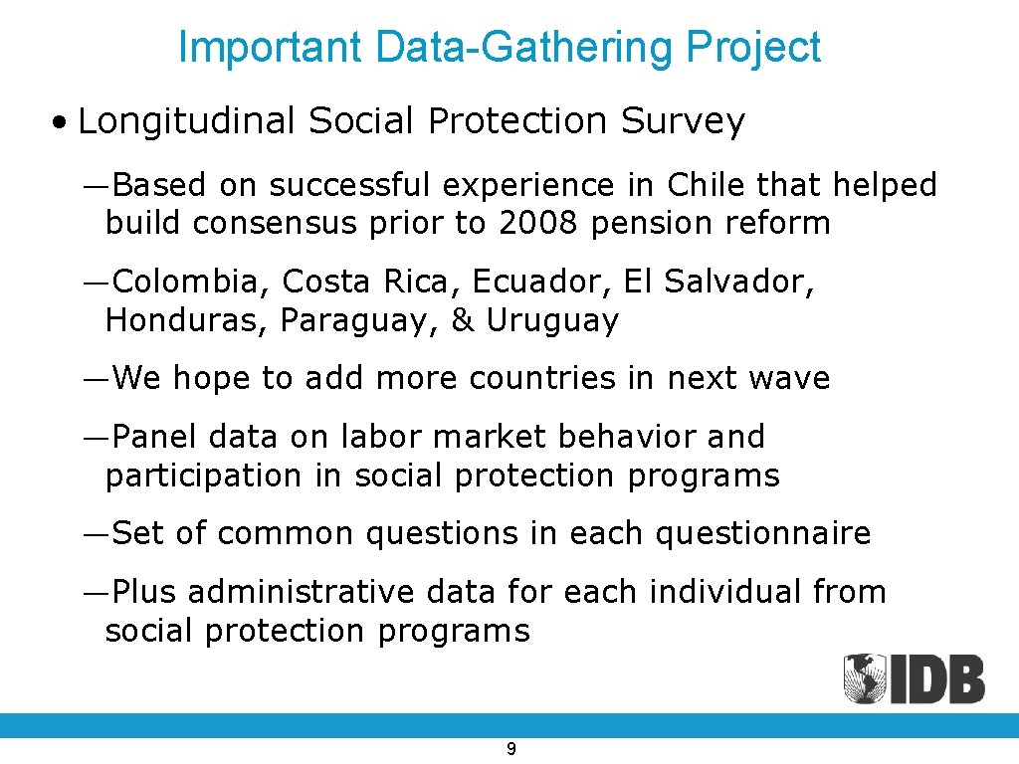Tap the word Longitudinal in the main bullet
click(x=186, y=121)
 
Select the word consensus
click(x=275, y=223)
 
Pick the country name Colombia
click(x=190, y=282)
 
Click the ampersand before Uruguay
click(x=463, y=320)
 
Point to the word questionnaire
click(x=762, y=533)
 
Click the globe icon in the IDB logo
click(x=864, y=679)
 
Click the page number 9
click(x=510, y=749)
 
